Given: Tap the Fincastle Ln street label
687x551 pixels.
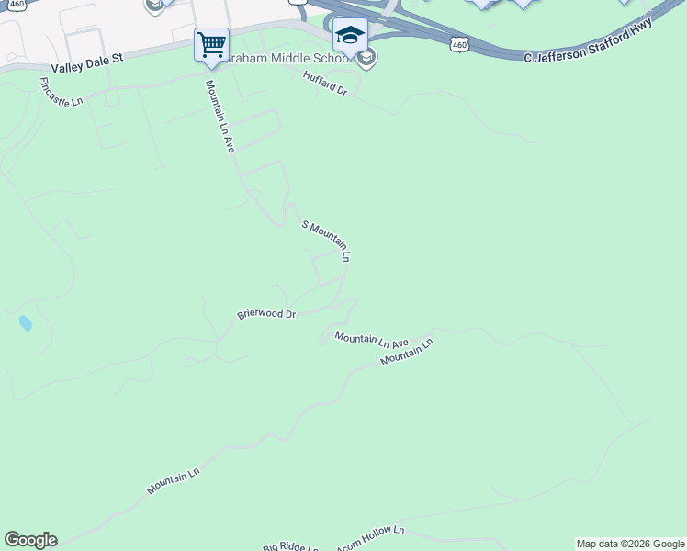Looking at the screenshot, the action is click(x=62, y=92).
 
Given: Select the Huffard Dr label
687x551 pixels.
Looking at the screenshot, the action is click(x=326, y=85).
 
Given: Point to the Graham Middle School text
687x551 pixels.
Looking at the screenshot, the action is click(x=285, y=58).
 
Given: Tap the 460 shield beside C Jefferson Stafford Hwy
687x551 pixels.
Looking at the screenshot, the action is click(x=460, y=43).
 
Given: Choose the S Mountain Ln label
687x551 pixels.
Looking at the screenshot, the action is click(x=326, y=242).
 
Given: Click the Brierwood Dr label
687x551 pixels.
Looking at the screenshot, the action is click(x=266, y=314).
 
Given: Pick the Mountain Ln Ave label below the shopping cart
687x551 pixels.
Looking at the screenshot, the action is click(x=220, y=116).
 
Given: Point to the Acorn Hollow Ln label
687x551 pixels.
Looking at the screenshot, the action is click(x=369, y=538).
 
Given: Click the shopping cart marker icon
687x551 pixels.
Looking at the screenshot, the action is click(x=211, y=44).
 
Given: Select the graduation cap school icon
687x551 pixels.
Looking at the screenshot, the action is click(x=350, y=36).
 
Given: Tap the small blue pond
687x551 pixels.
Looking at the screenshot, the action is click(x=25, y=323).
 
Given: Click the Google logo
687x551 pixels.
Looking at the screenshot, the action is click(x=30, y=540).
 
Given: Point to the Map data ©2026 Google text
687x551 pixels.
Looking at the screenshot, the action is click(x=631, y=544).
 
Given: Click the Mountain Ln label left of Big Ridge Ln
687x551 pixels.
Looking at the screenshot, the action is click(x=173, y=482).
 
